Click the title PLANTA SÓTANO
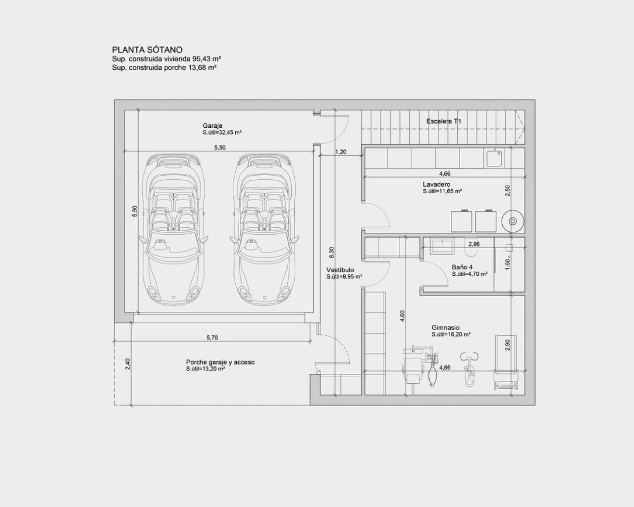147,50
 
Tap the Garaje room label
212,125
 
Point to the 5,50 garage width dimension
219,148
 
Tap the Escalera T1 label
443,121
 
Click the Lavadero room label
436,184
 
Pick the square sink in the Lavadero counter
494,158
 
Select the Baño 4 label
462,267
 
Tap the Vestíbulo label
340,270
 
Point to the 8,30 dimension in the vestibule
331,253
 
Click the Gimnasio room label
445,328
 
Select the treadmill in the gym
506,364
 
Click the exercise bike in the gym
469,369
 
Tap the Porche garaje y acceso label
220,362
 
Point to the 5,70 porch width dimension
212,338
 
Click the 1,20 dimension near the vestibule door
341,152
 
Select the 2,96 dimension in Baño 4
474,244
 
